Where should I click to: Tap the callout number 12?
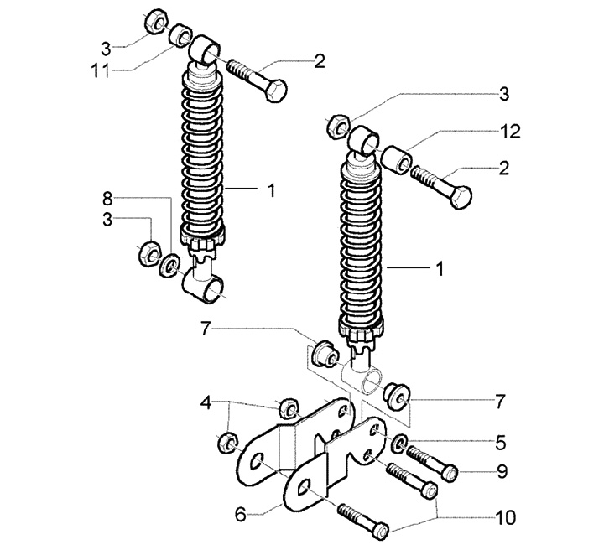coord(510,131)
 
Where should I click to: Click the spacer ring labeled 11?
coord(180,37)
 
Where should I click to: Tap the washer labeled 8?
coord(168,265)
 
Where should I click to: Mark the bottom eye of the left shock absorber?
coord(205,288)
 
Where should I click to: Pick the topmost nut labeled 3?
coord(154,21)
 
